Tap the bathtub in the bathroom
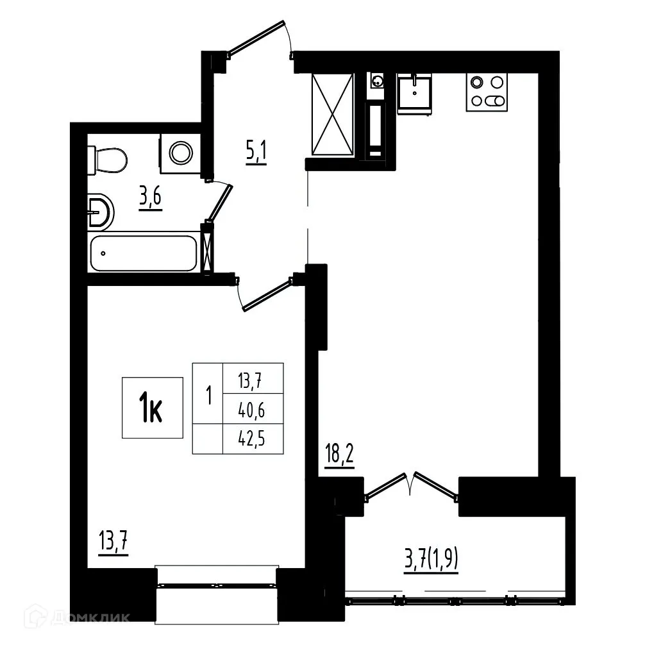(142, 253)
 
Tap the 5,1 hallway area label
(256, 153)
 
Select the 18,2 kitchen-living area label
(339, 457)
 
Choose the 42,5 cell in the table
(253, 439)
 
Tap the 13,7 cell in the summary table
(253, 380)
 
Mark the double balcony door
(410, 485)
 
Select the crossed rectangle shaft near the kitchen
(332, 113)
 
